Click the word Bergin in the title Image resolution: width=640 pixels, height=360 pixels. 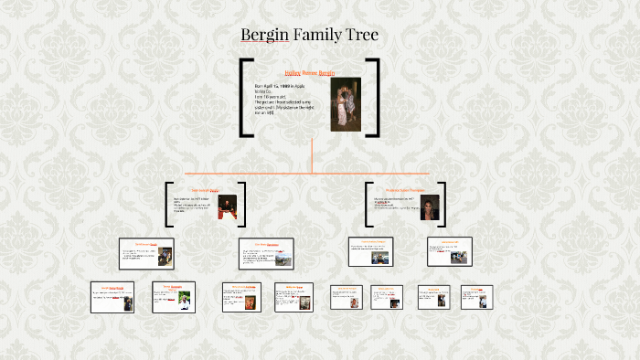(265, 35)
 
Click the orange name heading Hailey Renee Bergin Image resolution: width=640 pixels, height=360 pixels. (310, 71)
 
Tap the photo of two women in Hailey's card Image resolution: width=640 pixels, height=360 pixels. (345, 104)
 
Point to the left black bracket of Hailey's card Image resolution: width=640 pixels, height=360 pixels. (245, 98)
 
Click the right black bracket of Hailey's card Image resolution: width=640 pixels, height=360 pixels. (374, 98)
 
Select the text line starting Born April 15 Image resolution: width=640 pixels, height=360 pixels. (279, 86)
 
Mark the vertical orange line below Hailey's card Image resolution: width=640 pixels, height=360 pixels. (312, 154)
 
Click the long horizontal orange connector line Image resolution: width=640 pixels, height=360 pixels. (312, 172)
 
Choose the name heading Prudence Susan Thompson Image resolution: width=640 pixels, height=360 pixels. (404, 190)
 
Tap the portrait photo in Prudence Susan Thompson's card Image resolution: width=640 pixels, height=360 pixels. (429, 207)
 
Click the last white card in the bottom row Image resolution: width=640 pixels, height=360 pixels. (476, 297)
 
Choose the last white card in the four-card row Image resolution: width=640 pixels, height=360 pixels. (449, 251)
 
